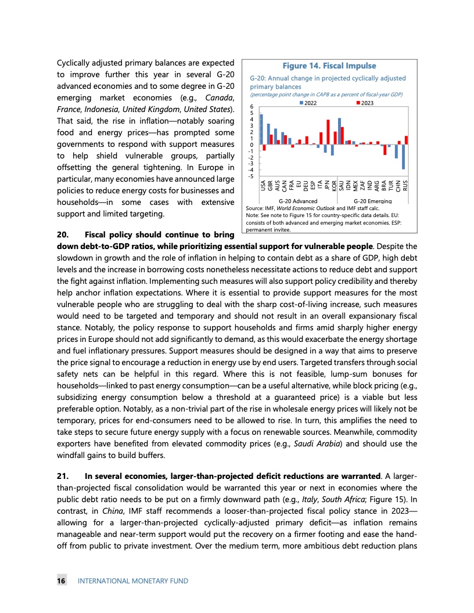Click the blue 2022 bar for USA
[x=261, y=129]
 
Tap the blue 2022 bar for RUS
[x=404, y=157]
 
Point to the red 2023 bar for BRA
[x=385, y=150]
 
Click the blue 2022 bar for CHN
[x=396, y=152]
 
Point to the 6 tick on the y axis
[x=251, y=107]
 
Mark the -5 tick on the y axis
[x=250, y=175]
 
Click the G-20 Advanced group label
[x=298, y=201]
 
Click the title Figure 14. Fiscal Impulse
[x=329, y=66]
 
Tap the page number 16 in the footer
[x=60, y=580]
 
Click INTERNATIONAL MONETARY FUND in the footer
[x=133, y=580]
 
